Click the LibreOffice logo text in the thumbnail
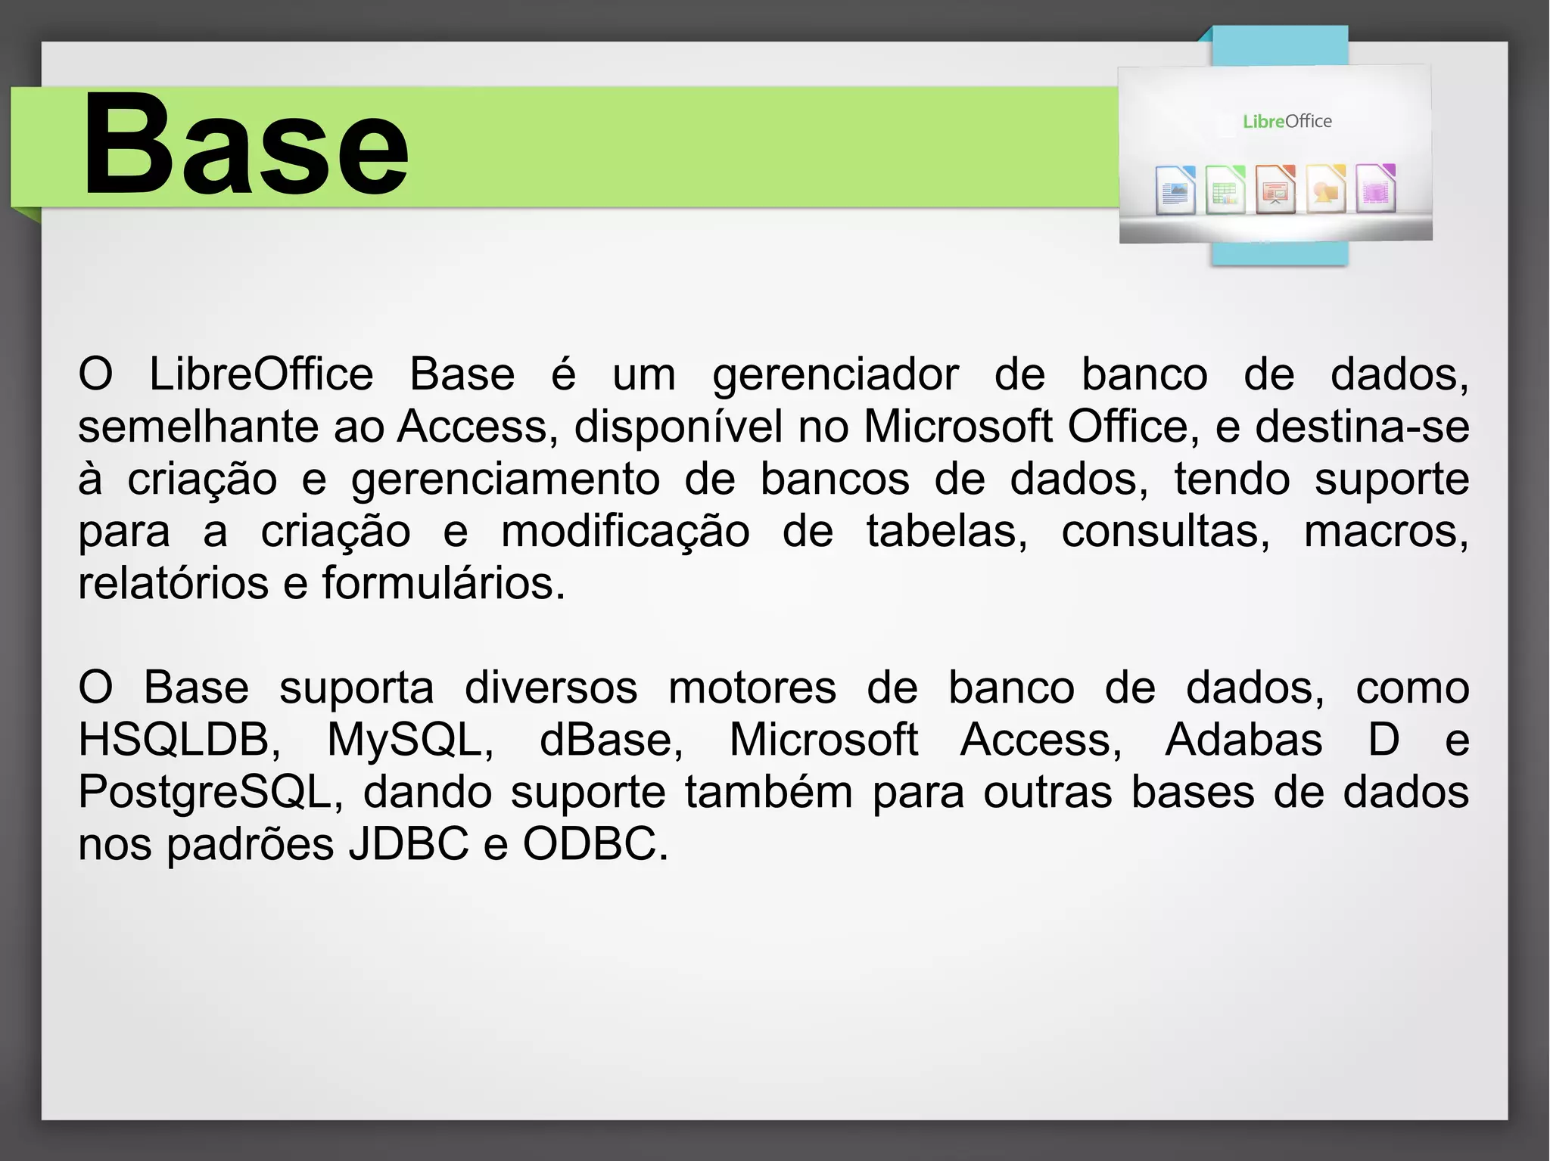[1287, 121]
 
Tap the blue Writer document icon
[1175, 190]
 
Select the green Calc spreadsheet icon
[1225, 190]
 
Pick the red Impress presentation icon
[1275, 190]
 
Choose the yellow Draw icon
[1325, 190]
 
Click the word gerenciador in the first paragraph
[836, 375]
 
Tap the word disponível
[678, 427]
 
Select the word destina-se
[1362, 427]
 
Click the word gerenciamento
[505, 480]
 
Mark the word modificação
[625, 532]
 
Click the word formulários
[444, 584]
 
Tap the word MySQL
[409, 740]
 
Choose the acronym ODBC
[595, 844]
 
